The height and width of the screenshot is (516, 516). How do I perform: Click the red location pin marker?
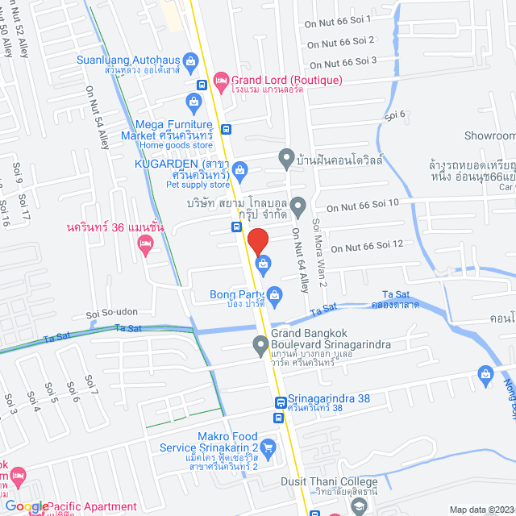[257, 242]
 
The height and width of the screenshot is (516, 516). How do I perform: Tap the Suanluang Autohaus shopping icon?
[191, 60]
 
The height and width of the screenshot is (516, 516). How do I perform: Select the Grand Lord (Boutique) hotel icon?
[221, 81]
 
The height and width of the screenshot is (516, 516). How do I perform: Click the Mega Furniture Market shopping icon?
[193, 102]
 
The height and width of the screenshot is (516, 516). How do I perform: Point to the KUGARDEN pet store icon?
[241, 169]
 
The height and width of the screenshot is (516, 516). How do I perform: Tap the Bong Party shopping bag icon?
[274, 294]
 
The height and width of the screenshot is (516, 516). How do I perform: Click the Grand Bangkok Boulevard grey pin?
[260, 346]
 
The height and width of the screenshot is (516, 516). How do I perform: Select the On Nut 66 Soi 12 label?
[367, 247]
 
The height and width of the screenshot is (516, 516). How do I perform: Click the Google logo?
[26, 506]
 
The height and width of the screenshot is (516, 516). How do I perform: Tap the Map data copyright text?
[481, 509]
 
